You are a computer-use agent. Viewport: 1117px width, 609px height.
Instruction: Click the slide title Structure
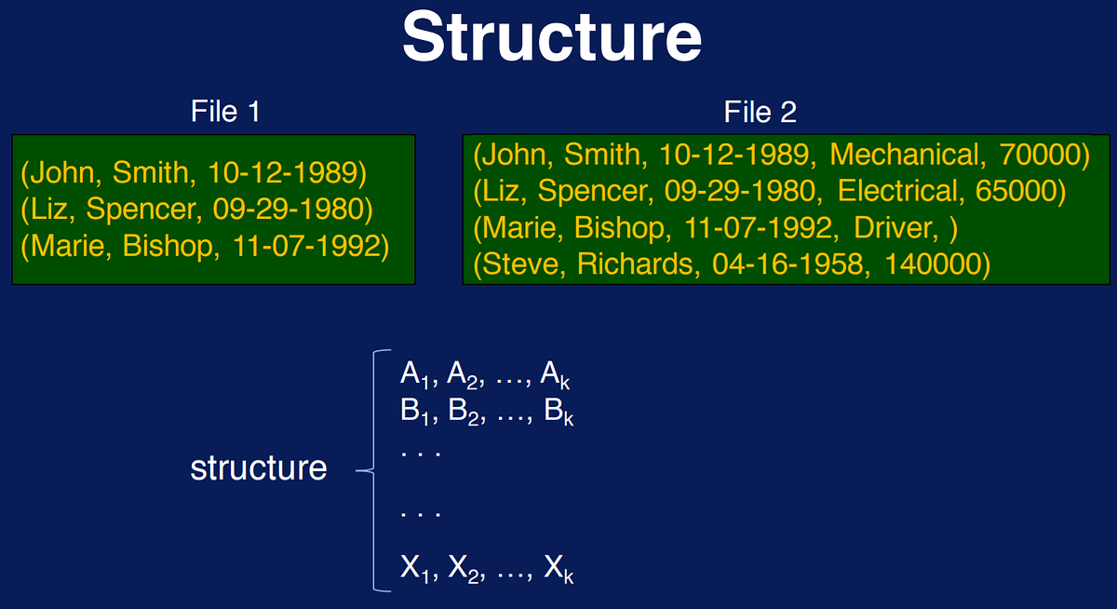coord(552,37)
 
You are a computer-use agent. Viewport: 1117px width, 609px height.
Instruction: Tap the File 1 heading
coord(225,111)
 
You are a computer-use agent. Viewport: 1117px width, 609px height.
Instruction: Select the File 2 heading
coord(760,111)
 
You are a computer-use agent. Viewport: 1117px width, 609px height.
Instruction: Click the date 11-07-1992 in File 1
coord(305,246)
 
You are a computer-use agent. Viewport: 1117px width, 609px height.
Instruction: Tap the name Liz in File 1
coord(48,209)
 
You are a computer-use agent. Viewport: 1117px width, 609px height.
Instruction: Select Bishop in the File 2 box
coord(619,227)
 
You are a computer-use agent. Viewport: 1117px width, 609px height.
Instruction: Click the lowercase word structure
coord(259,468)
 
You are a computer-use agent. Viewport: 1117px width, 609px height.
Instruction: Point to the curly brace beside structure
coord(373,470)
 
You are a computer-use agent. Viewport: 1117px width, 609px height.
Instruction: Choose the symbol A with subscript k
coord(555,375)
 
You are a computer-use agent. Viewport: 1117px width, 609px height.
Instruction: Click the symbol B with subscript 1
coord(414,412)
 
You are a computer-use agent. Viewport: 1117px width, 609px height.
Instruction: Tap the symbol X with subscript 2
coord(464,569)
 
